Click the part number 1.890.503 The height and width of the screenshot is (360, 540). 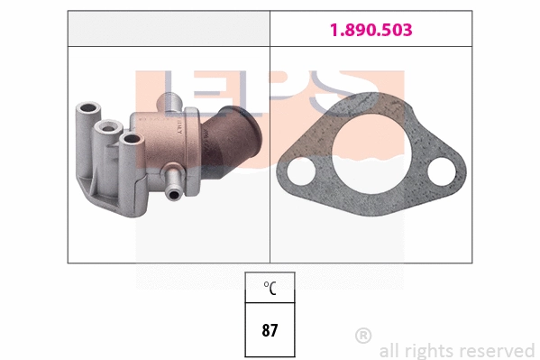coord(370,30)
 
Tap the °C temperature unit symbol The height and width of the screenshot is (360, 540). coord(270,289)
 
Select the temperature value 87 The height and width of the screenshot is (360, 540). coord(270,329)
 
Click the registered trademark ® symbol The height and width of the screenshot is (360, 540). coord(363,336)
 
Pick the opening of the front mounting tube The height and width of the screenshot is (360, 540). coord(131,138)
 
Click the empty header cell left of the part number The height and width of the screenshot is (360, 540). coord(169,30)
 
